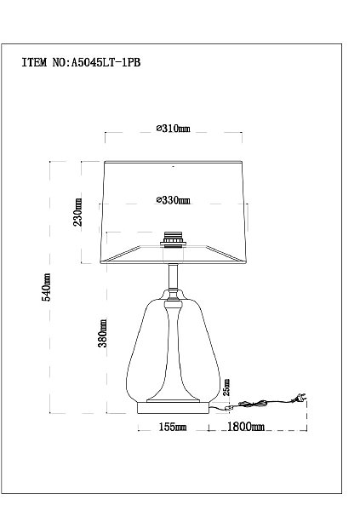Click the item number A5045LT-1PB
[106, 62]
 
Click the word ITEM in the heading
[35, 62]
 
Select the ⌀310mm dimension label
[173, 129]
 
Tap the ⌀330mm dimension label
[173, 200]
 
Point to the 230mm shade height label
[77, 212]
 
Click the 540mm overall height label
[46, 287]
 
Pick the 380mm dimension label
[103, 333]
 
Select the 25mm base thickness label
[226, 388]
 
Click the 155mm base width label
[173, 427]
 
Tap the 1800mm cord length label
[246, 427]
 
